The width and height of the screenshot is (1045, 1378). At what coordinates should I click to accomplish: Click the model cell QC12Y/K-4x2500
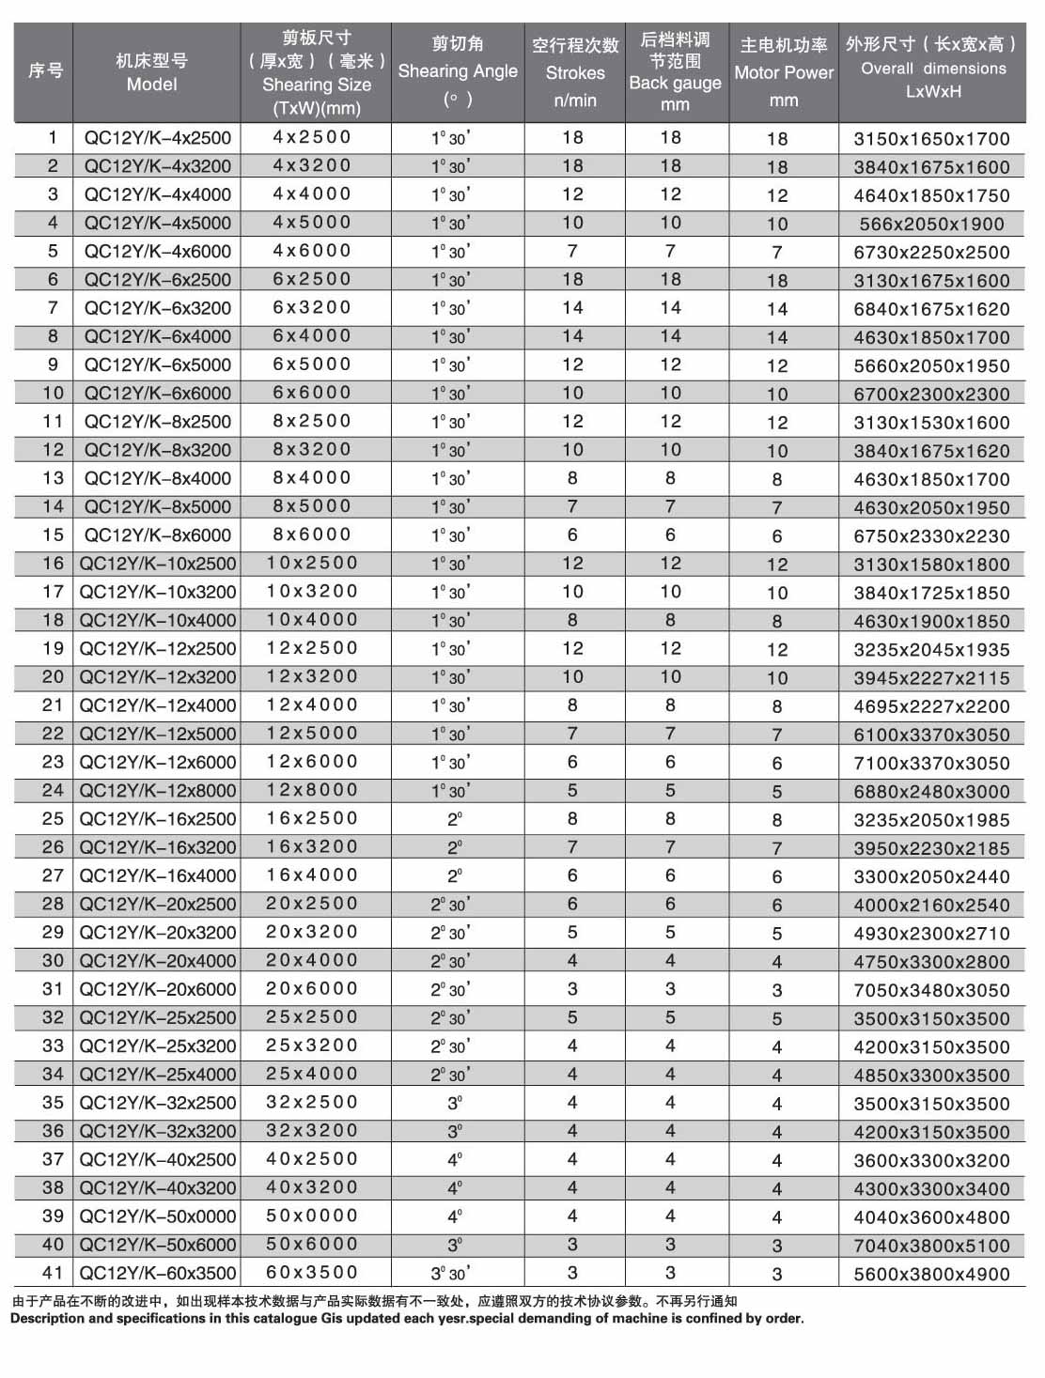157,138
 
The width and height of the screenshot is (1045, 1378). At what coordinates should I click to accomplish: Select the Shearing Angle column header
458,71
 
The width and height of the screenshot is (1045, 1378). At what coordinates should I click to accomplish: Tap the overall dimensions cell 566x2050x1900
931,224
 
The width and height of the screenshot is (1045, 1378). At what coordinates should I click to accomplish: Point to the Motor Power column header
783,72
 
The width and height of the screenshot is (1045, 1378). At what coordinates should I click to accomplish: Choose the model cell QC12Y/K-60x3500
157,1273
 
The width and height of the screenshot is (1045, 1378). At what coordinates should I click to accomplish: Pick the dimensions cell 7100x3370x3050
931,763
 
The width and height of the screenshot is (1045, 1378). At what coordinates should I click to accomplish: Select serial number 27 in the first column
53,875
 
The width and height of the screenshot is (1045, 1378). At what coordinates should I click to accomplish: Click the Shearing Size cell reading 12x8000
312,790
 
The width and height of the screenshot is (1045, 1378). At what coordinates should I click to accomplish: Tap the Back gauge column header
675,72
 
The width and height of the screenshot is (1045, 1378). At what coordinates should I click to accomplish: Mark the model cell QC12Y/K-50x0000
157,1216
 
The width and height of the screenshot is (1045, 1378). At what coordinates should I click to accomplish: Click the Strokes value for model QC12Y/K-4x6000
572,251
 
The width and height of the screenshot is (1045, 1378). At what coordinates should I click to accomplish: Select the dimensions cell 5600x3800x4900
931,1274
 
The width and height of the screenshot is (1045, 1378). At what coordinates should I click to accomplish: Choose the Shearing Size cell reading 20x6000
312,988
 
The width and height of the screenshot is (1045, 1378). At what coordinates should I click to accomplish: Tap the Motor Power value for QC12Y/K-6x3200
777,309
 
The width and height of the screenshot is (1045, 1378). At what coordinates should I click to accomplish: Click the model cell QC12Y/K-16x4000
157,875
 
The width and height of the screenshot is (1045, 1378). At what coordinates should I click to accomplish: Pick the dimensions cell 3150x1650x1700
931,139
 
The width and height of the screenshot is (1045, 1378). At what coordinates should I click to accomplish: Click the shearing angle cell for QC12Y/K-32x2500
455,1103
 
